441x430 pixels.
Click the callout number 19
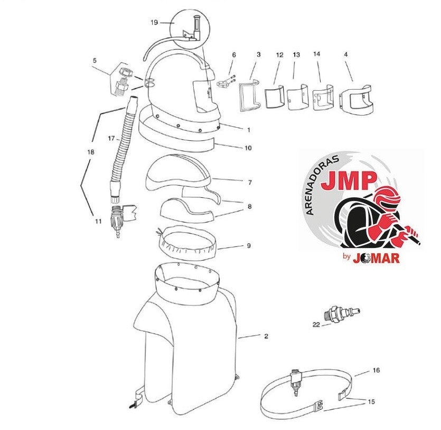point(154,23)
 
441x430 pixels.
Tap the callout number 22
point(316,324)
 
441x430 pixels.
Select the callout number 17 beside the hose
point(111,138)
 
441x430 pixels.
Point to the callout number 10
point(248,148)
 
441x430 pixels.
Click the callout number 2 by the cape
point(266,336)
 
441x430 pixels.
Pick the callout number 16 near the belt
point(376,370)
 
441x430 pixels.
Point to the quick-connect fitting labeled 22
point(341,313)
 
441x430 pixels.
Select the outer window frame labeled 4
point(356,99)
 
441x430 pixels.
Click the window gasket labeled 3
point(249,95)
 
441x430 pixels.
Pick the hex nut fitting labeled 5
point(123,80)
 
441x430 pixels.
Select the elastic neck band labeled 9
point(187,242)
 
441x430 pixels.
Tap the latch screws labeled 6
point(226,82)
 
